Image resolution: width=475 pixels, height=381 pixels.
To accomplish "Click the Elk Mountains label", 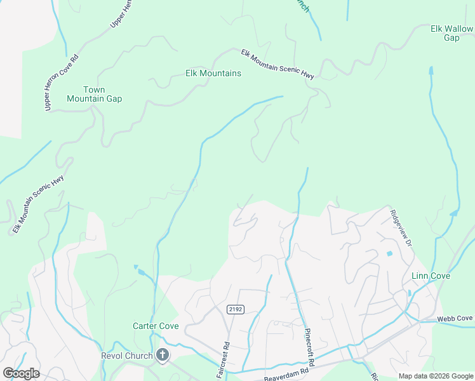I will [x=213, y=74].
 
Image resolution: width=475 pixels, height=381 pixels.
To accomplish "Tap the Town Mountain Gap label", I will [x=95, y=95].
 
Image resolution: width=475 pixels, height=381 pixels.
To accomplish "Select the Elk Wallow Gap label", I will [x=451, y=33].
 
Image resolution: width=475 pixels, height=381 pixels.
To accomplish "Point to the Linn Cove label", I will [x=431, y=276].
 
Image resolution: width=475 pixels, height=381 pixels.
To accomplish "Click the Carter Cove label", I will [x=156, y=326].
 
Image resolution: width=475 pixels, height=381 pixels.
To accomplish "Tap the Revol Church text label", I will [x=127, y=356].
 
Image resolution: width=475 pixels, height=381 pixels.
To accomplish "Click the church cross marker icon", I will [x=163, y=356].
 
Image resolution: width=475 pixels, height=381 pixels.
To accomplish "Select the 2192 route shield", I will [x=235, y=309].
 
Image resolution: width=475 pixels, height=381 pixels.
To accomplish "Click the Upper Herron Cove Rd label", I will [x=61, y=83].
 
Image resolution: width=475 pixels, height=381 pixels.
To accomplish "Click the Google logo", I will [x=21, y=373].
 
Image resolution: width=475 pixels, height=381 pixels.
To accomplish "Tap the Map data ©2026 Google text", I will [x=436, y=376].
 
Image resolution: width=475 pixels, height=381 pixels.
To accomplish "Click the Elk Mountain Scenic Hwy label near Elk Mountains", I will [x=277, y=64].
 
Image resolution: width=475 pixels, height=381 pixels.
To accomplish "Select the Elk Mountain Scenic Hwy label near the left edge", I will [x=38, y=203].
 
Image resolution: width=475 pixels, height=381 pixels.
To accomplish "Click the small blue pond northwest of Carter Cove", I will [x=142, y=272].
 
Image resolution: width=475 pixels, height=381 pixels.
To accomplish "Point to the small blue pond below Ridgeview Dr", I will [x=389, y=254].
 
